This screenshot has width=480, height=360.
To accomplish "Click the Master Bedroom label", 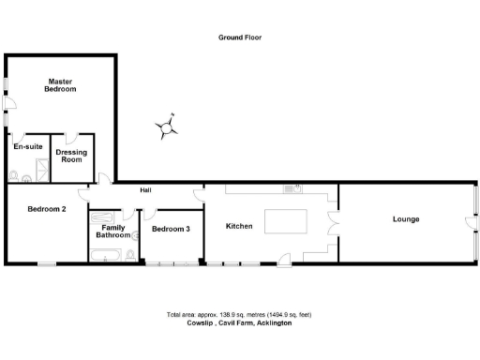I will [x=61, y=85].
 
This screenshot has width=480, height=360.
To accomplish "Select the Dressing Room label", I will [x=70, y=156].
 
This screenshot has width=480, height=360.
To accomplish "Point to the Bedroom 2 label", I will [x=46, y=208].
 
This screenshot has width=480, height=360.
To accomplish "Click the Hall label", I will [x=145, y=190].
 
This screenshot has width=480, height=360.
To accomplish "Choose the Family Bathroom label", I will [x=112, y=232].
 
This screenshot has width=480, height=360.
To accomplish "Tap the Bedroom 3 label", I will [x=171, y=229].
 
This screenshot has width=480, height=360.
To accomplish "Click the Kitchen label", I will [x=240, y=226].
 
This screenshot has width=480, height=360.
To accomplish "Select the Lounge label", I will [x=405, y=219].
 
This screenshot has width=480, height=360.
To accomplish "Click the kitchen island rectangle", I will [x=286, y=222].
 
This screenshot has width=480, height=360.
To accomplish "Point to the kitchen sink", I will [x=290, y=189].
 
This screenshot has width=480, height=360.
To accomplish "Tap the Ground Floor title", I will [x=239, y=38].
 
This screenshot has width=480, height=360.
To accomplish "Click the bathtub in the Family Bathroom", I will [x=113, y=254].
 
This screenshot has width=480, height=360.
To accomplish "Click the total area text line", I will [x=239, y=314].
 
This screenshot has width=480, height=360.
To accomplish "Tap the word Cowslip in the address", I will [x=201, y=322].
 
